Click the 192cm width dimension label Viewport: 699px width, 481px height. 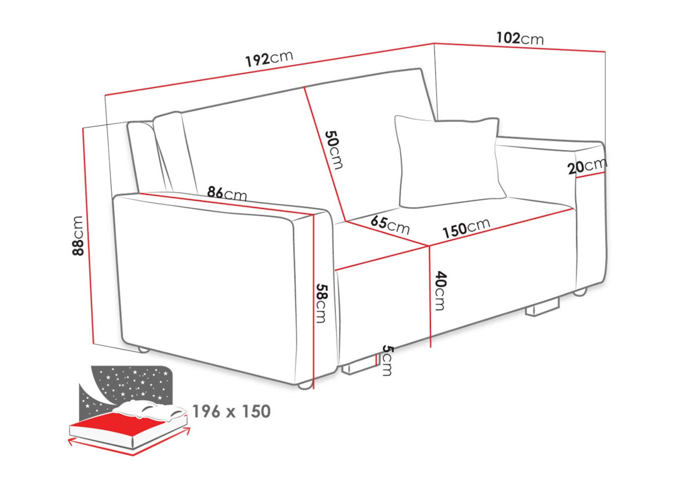pyautogui.click(x=269, y=58)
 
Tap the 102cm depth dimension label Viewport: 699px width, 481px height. pyautogui.click(x=520, y=38)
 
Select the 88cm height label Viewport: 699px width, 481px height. pyautogui.click(x=77, y=236)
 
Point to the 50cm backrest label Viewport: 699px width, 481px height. pyautogui.click(x=334, y=150)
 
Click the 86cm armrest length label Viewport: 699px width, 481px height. pyautogui.click(x=227, y=193)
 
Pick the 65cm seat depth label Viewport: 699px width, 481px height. pyautogui.click(x=390, y=225)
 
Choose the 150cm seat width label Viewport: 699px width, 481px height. pyautogui.click(x=467, y=228)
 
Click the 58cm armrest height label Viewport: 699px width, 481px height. pyautogui.click(x=322, y=303)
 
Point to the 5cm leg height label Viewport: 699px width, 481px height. pyautogui.click(x=387, y=360)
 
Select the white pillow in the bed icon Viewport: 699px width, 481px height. pyautogui.click(x=150, y=410)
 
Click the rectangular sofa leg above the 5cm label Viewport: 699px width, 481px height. pyautogui.click(x=359, y=367)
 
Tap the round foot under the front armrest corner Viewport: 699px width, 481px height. pyautogui.click(x=305, y=385)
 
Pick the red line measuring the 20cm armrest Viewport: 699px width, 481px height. pyautogui.click(x=591, y=175)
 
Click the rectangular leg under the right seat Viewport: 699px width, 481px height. pyautogui.click(x=542, y=308)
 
